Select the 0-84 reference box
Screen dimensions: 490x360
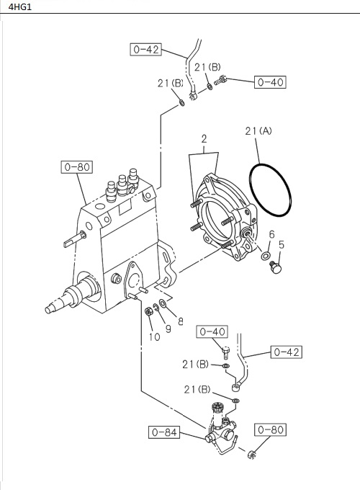coord(163,432)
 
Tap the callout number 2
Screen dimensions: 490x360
coord(204,138)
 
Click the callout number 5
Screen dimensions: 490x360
coord(282,244)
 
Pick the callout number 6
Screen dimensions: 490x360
coord(271,234)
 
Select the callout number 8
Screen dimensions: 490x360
coord(180,321)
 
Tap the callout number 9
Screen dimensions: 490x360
coord(168,329)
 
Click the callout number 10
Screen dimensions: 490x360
coord(153,336)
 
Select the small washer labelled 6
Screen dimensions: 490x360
coord(266,256)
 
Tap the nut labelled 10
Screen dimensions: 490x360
coord(148,311)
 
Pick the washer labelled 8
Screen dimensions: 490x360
coord(163,303)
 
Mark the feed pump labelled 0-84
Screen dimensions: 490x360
coord(219,429)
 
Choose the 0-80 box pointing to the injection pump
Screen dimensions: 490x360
coord(76,167)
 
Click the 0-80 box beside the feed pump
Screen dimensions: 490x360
coord(271,430)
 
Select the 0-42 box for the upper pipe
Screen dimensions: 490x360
coord(145,50)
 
